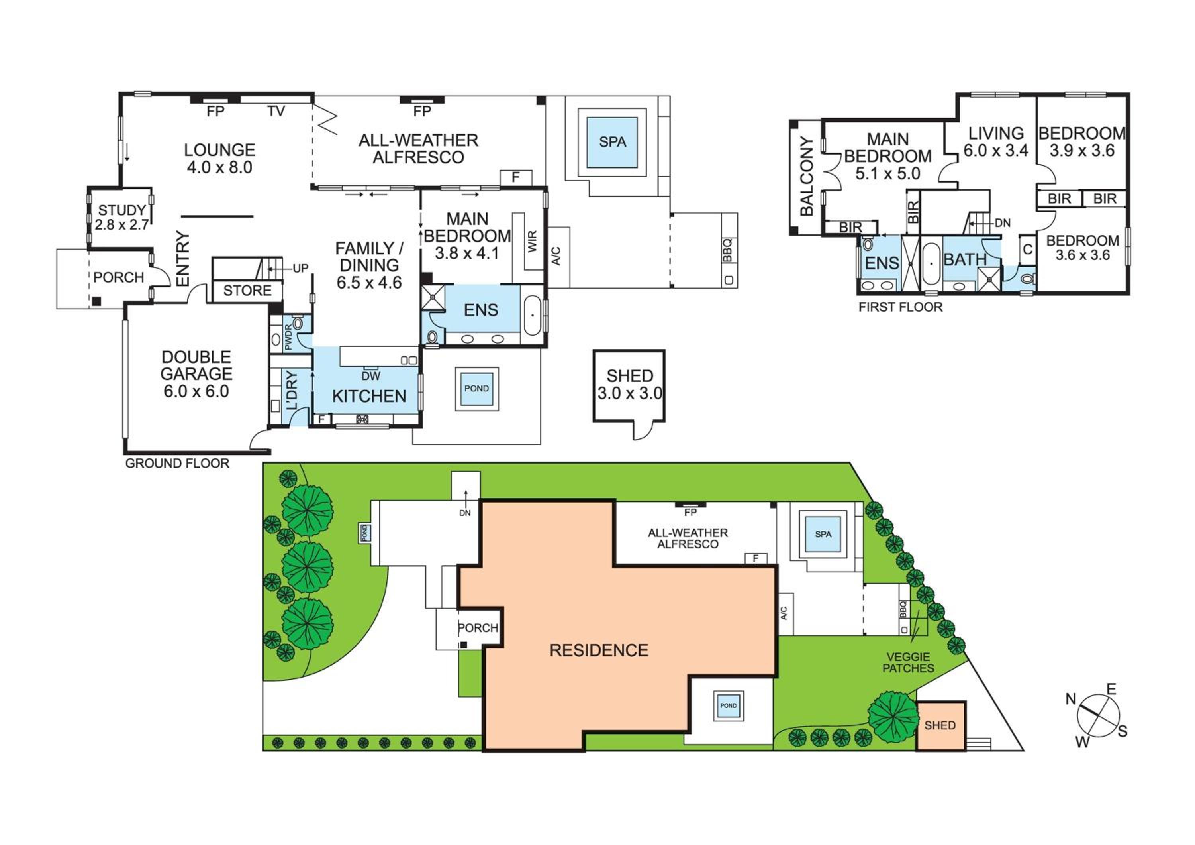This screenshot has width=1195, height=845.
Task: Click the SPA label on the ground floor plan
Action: click(612, 141)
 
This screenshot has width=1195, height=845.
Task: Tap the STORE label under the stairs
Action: click(247, 291)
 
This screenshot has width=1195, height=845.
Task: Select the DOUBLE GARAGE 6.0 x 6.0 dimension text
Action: click(196, 391)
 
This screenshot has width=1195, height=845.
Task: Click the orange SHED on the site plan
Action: click(940, 726)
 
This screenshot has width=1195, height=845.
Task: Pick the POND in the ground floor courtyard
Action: click(477, 389)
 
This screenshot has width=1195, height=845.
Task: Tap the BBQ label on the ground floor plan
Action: click(728, 250)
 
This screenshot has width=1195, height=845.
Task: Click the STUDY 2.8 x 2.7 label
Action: click(122, 218)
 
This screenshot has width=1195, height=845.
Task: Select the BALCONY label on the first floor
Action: click(807, 176)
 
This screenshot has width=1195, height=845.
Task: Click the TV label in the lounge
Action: click(276, 111)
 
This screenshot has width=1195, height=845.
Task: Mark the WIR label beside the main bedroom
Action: click(532, 242)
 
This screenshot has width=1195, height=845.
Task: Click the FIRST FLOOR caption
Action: click(900, 307)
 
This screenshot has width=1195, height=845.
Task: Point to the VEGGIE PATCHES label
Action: click(908, 662)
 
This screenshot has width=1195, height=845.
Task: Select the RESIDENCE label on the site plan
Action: click(599, 650)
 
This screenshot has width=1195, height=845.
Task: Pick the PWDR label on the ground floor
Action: click(289, 337)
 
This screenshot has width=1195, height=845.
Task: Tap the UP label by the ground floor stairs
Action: click(300, 268)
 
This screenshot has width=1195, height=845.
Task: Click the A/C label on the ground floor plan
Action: click(556, 255)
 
